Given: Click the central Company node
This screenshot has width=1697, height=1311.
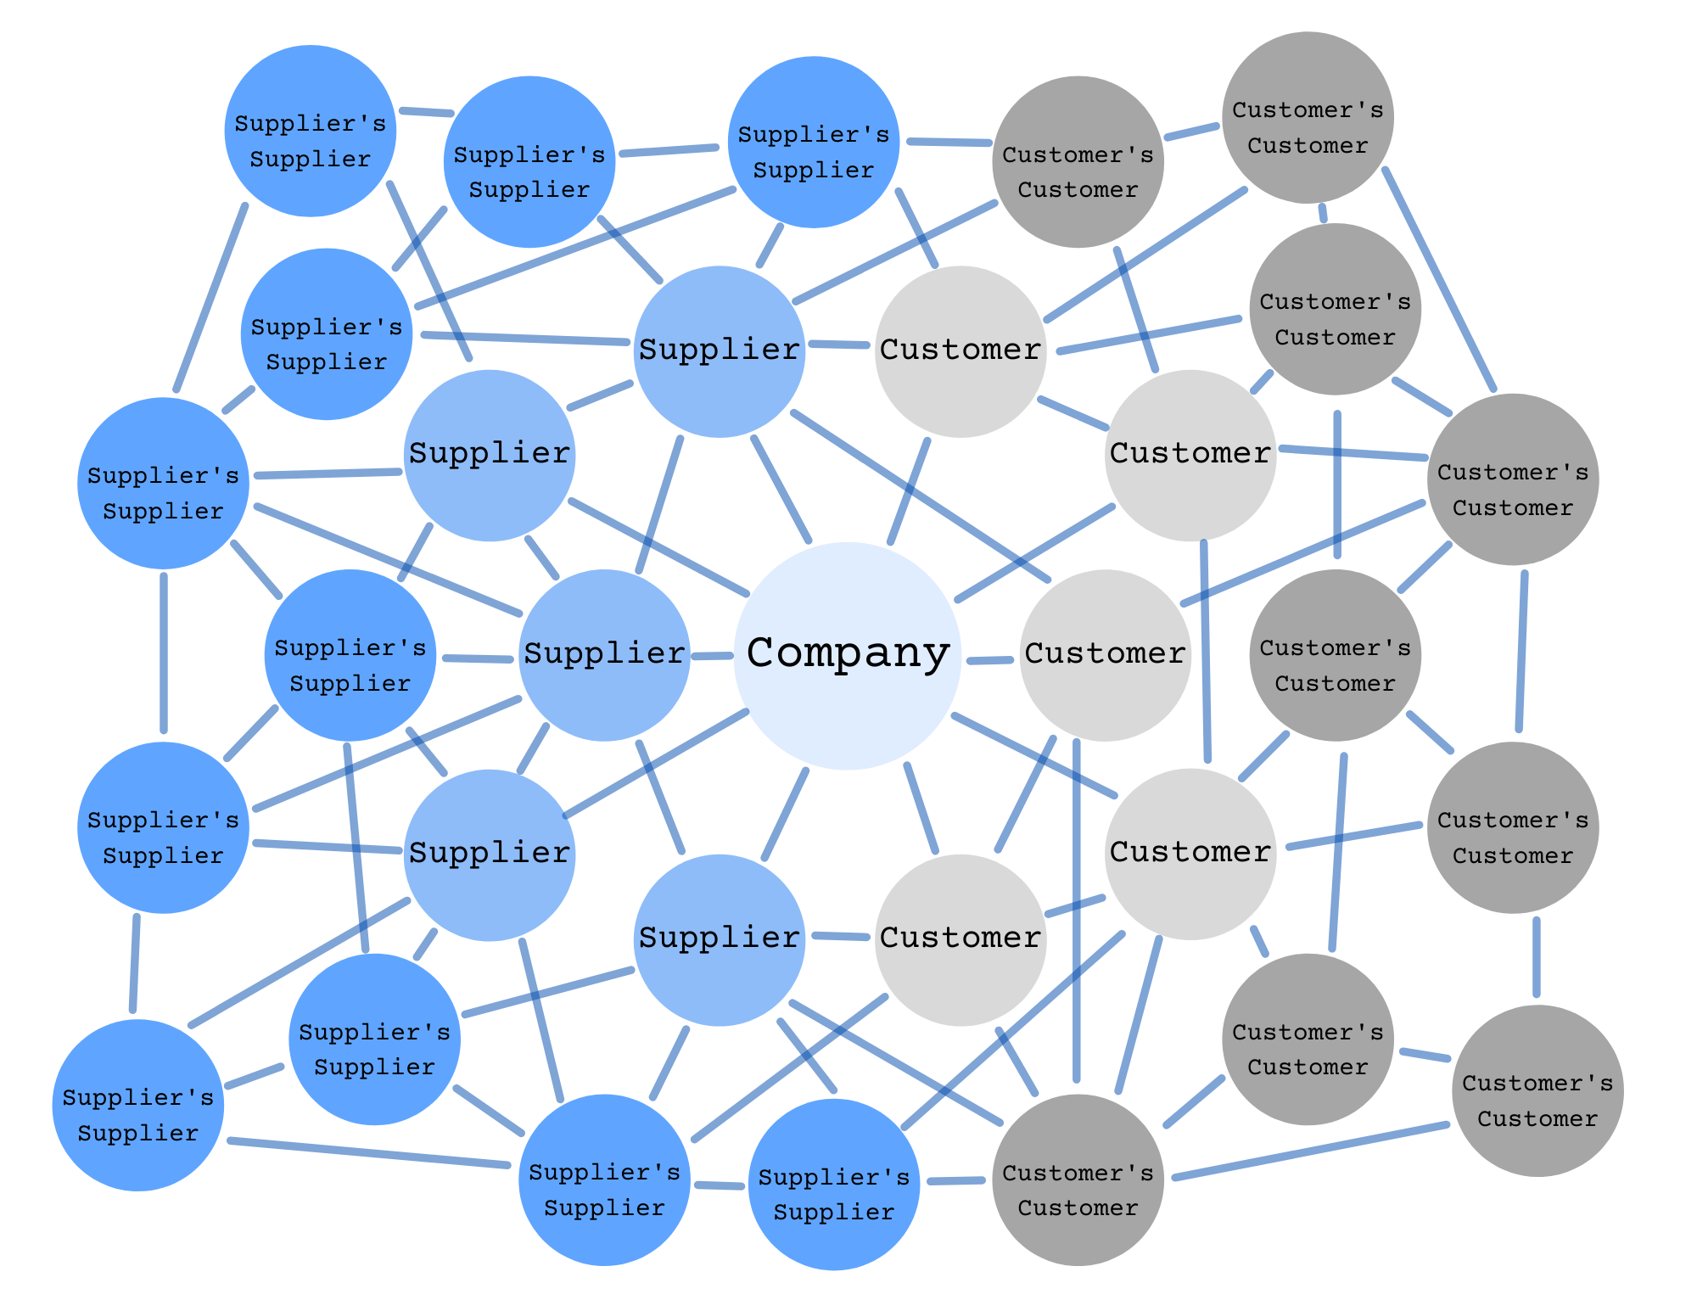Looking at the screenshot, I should (x=847, y=655).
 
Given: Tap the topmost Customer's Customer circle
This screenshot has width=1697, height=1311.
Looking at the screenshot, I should (x=1308, y=117).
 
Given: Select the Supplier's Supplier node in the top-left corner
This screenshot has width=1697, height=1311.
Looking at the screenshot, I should (x=310, y=131).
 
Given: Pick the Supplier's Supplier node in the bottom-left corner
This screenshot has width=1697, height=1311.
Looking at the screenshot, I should (x=137, y=1105).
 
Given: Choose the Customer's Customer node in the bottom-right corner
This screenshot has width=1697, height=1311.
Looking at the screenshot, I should (x=1537, y=1090).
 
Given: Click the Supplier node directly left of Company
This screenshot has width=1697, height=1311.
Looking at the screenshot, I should (x=604, y=655).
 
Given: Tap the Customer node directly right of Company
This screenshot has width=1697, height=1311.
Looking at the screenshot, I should (x=1105, y=655).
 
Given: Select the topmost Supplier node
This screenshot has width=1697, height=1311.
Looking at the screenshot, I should (x=719, y=351).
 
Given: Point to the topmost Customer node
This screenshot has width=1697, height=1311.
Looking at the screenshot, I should (x=961, y=351).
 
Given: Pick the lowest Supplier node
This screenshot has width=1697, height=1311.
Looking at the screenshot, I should (x=719, y=939).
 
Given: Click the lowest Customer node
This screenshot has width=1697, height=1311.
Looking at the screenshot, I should (x=961, y=939).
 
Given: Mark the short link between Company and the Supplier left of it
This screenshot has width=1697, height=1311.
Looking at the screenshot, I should (x=713, y=656).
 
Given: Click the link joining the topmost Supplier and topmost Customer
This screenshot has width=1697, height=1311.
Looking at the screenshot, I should (x=840, y=345).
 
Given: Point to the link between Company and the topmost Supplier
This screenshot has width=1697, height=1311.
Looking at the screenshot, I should (x=781, y=489).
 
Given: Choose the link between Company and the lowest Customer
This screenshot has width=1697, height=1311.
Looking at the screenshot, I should (x=921, y=808).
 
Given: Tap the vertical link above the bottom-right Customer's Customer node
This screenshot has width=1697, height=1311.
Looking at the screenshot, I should (x=1537, y=957).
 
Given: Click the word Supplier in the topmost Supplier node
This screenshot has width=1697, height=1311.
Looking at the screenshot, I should (x=719, y=350).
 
